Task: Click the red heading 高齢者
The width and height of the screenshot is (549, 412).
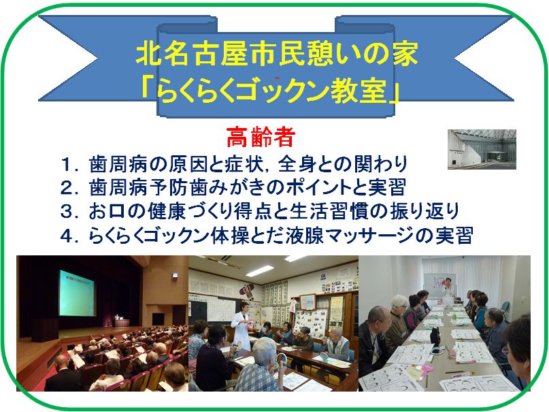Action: pyautogui.click(x=261, y=137)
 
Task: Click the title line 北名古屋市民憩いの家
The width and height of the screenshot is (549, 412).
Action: pyautogui.click(x=277, y=54)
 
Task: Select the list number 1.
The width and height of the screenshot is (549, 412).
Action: pyautogui.click(x=67, y=165)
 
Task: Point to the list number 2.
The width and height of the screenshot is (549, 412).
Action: pyautogui.click(x=67, y=188)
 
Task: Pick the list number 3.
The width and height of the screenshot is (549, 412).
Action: pyautogui.click(x=67, y=212)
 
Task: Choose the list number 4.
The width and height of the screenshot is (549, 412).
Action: pyautogui.click(x=67, y=236)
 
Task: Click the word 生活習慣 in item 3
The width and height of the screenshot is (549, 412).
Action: pyautogui.click(x=329, y=211)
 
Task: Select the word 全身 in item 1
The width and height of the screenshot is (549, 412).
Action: pyautogui.click(x=297, y=164)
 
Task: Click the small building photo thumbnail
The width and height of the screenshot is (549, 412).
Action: pyautogui.click(x=482, y=149)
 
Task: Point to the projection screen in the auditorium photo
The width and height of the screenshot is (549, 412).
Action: pyautogui.click(x=77, y=293)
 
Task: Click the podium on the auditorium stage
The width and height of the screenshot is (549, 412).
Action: pyautogui.click(x=122, y=321)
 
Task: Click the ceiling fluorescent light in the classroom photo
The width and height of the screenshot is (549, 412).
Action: pyautogui.click(x=260, y=270)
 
